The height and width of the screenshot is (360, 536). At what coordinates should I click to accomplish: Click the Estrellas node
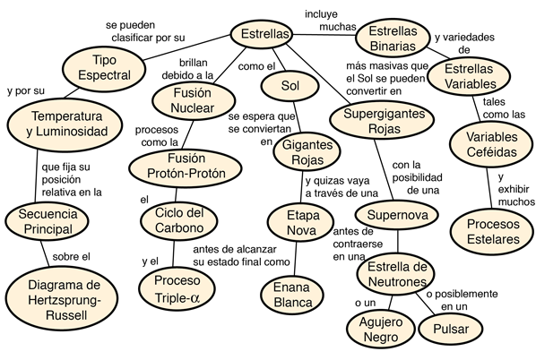262,34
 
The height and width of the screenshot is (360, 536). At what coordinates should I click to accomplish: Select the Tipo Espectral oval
104,68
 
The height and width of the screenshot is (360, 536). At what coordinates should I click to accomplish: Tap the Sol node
290,85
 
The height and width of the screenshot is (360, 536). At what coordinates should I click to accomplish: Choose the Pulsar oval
451,329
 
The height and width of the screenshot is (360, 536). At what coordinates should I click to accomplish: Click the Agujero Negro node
380,330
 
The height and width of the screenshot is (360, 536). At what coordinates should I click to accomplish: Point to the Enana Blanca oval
292,295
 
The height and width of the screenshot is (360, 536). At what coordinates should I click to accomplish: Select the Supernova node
397,215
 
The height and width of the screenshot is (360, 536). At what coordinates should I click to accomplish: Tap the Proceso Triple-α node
177,288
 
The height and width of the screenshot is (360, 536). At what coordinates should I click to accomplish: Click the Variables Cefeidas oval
491,144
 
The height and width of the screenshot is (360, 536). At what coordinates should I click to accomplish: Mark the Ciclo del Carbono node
179,220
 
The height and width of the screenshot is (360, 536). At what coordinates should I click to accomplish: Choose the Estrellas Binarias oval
393,39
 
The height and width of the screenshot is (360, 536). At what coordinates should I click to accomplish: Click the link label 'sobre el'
71,256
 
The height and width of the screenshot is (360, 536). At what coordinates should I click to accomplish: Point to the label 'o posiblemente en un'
462,300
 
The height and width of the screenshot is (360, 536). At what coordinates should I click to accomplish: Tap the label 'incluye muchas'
330,21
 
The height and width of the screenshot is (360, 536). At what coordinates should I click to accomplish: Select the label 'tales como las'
504,108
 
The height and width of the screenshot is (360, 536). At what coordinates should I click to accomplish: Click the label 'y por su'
26,90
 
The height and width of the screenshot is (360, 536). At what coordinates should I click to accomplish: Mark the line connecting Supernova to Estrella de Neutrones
398,243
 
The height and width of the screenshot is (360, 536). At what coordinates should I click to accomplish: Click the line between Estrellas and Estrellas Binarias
324,35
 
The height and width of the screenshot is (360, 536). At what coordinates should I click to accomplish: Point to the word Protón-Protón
186,173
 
